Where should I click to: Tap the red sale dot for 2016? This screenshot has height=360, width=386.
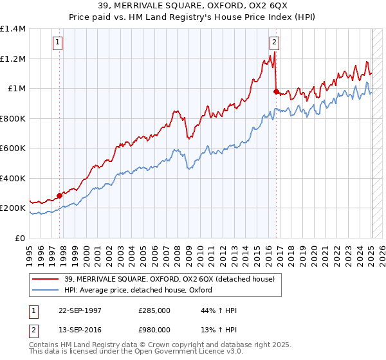click(276, 91)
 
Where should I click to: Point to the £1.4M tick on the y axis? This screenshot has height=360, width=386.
click(13, 29)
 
